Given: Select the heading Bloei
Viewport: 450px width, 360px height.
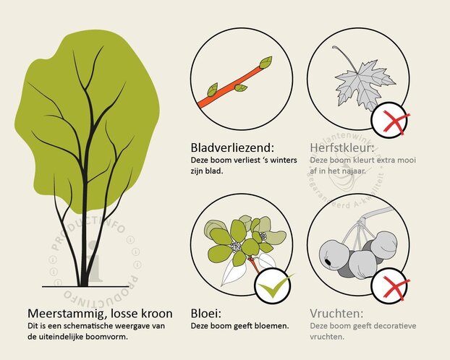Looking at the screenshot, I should tap(207, 314).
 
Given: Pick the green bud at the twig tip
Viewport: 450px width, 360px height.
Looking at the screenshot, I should tap(266, 62).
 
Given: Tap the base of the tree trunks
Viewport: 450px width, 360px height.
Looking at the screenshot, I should tap(80, 282).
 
